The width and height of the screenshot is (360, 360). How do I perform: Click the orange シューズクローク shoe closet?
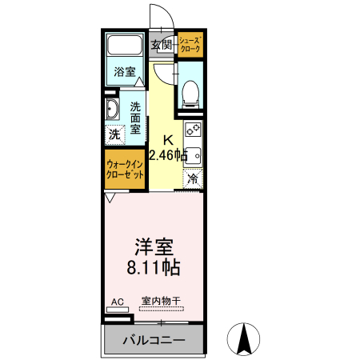coord(190,45)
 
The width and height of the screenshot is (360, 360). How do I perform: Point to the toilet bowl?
coord(191,94)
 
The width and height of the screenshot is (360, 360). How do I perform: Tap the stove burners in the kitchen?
coord(193,130)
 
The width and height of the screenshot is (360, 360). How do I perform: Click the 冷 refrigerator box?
coord(192,179)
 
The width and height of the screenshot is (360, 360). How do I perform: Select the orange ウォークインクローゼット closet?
coord(125,169)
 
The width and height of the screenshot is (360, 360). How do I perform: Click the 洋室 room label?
coord(151,245)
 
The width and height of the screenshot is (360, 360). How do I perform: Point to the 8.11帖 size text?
coord(151,267)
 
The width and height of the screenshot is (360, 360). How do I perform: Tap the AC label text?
coord(117,302)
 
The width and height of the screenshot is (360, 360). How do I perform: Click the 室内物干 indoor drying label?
coord(161,302)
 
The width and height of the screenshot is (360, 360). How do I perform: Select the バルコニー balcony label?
coord(154,339)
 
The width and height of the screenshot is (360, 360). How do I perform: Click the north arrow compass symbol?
coord(246,339)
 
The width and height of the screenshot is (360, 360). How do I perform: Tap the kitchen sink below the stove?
coord(193,154)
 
